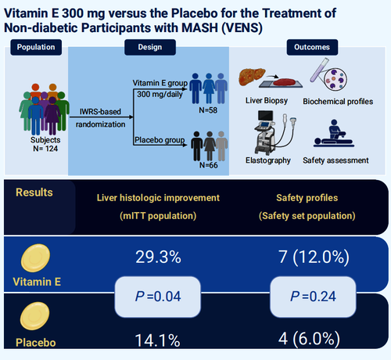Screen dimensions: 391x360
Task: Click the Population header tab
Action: (36, 47)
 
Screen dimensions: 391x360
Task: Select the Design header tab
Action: (150, 47)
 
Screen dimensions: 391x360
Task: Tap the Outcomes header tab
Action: (312, 47)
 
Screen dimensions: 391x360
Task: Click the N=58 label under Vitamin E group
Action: (208, 110)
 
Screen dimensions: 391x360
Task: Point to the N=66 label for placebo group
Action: (209, 165)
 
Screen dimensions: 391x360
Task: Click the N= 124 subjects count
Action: (45, 149)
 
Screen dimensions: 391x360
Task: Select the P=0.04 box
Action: (158, 297)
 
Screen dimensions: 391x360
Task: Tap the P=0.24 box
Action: (313, 297)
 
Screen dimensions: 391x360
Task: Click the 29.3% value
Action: (158, 257)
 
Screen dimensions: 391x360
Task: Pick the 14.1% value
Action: (157, 340)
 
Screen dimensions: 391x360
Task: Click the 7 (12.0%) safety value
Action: (314, 257)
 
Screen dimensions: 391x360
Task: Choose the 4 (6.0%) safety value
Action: (309, 339)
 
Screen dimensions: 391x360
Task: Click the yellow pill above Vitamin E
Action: (35, 258)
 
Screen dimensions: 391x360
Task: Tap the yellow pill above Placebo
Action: (34, 316)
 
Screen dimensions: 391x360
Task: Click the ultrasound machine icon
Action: (274, 132)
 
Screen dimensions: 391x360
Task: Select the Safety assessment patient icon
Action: (334, 133)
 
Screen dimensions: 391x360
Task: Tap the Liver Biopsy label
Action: (267, 101)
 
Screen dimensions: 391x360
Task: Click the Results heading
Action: (34, 193)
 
